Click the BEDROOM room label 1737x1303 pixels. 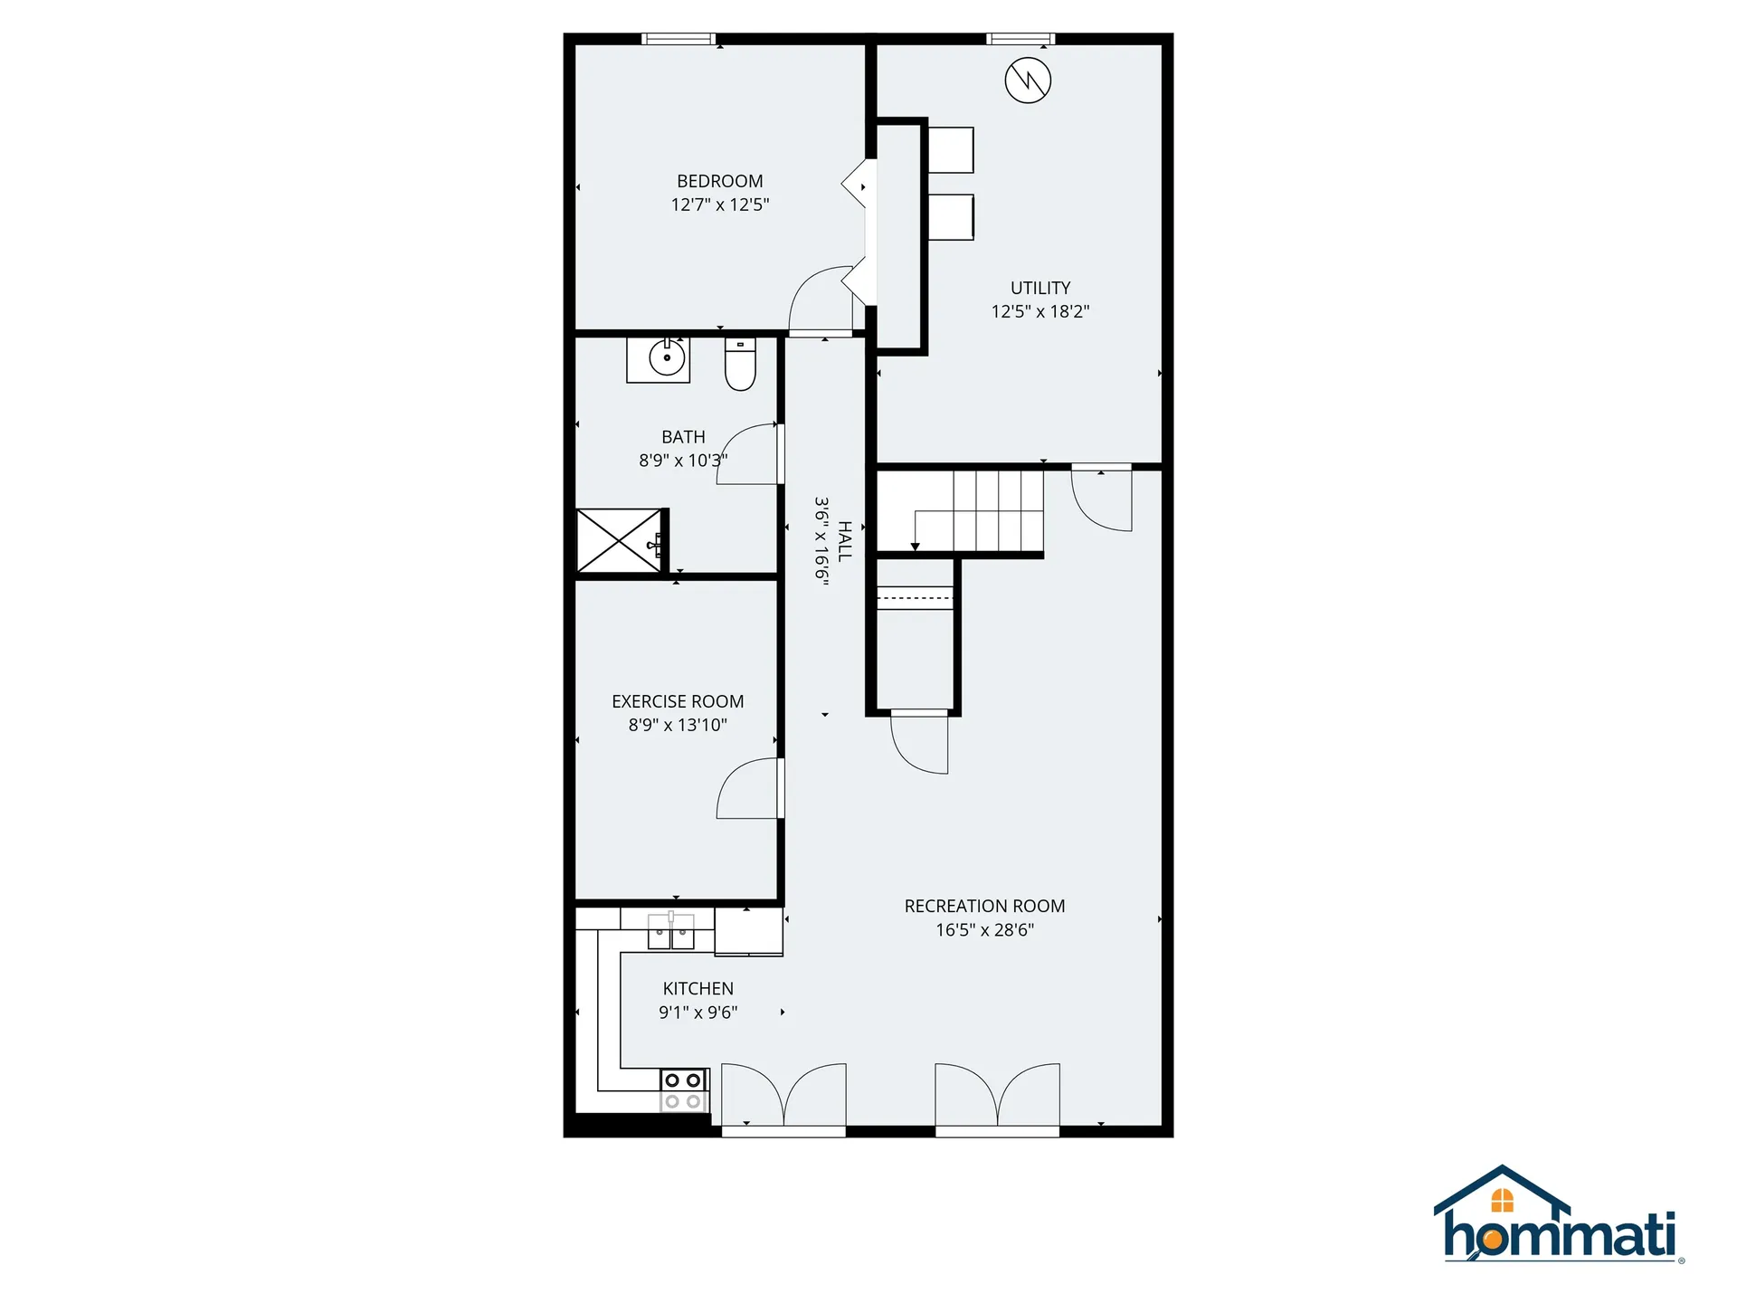pyautogui.click(x=720, y=181)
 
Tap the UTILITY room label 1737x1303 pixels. pyautogui.click(x=1040, y=288)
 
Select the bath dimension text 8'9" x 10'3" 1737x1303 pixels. pyautogui.click(x=683, y=461)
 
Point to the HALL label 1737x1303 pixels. pyautogui.click(x=845, y=541)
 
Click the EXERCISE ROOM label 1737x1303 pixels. pyautogui.click(x=678, y=701)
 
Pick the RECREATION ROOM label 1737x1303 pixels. pyautogui.click(x=984, y=906)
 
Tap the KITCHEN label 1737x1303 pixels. pyautogui.click(x=698, y=989)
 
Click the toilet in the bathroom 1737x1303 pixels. pyautogui.click(x=740, y=365)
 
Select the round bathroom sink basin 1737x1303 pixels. pyautogui.click(x=668, y=358)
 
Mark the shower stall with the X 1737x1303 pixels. pyautogui.click(x=620, y=541)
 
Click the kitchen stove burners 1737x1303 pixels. pyautogui.click(x=683, y=1090)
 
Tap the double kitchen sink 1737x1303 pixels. pyautogui.click(x=671, y=932)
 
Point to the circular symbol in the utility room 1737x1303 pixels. pyautogui.click(x=1028, y=81)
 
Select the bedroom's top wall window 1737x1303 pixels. pyautogui.click(x=679, y=39)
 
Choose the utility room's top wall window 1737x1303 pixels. pyautogui.click(x=1020, y=39)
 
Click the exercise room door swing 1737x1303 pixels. pyautogui.click(x=750, y=788)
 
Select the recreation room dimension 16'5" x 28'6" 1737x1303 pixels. pyautogui.click(x=984, y=930)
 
